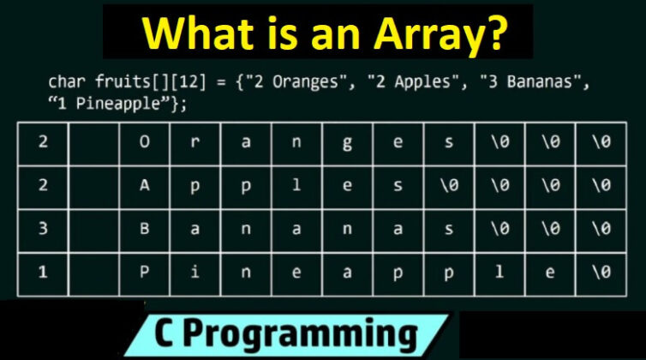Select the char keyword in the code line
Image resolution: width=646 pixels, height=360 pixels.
(65, 84)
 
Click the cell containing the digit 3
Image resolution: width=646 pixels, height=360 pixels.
(42, 227)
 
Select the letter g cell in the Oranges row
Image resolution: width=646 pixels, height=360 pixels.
(347, 143)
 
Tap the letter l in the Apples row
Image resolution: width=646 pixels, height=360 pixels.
(296, 184)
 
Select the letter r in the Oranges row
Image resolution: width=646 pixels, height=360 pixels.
(194, 143)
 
